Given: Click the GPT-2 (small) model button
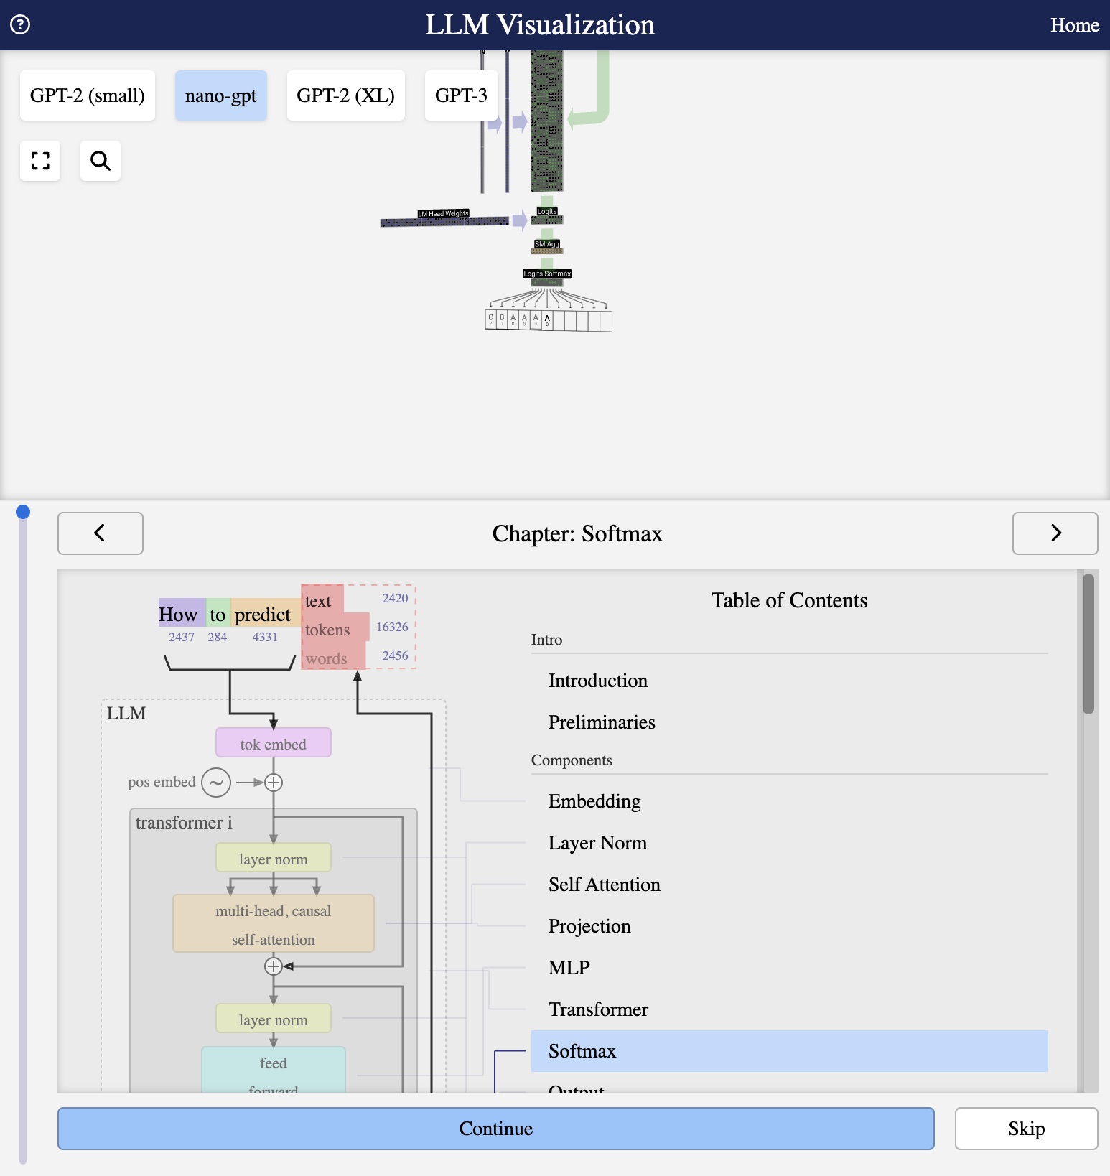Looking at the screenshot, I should tap(88, 95).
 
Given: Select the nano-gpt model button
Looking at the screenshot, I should tap(220, 95).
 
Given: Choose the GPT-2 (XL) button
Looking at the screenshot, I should tap(345, 95).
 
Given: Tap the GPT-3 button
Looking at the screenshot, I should tap(461, 95).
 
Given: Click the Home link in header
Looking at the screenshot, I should tap(1074, 25).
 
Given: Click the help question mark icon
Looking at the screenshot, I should tap(20, 25).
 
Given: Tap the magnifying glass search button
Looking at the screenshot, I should tap(101, 161).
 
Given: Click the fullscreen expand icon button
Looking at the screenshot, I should tap(40, 161).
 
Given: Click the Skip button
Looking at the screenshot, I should tap(1025, 1129).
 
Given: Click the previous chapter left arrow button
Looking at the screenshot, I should tap(100, 533).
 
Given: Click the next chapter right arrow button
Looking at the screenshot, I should tap(1055, 533).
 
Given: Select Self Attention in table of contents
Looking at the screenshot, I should tap(604, 885).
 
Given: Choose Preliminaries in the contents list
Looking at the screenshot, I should tap(601, 722).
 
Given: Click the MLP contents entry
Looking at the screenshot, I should tap(569, 968).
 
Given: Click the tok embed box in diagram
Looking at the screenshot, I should tap(273, 744).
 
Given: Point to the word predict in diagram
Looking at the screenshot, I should tap(263, 615).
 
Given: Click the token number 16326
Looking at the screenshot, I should tap(392, 627).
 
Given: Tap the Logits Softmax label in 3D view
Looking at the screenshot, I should tap(547, 274).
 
